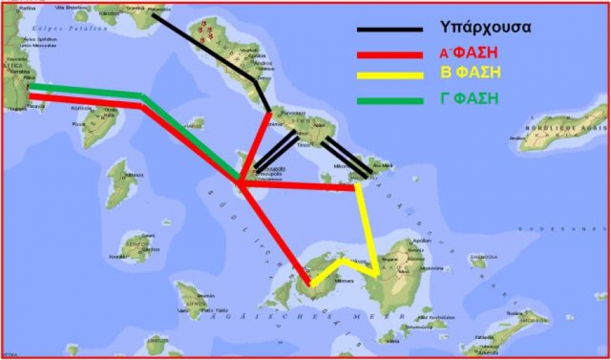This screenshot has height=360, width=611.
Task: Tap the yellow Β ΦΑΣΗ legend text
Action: point(469,74)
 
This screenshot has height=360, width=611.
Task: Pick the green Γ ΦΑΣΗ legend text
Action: point(469,98)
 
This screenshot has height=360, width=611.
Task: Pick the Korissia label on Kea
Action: point(81,109)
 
